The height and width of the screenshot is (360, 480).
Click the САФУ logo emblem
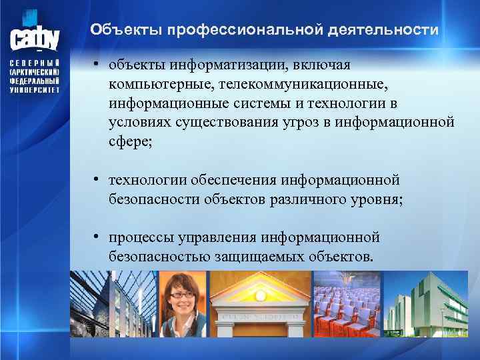click(35, 33)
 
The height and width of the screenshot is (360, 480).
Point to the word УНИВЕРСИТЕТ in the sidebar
click(35, 89)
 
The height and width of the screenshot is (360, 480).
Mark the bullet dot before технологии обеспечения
click(97, 179)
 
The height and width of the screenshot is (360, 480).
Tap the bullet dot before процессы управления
click(97, 236)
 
